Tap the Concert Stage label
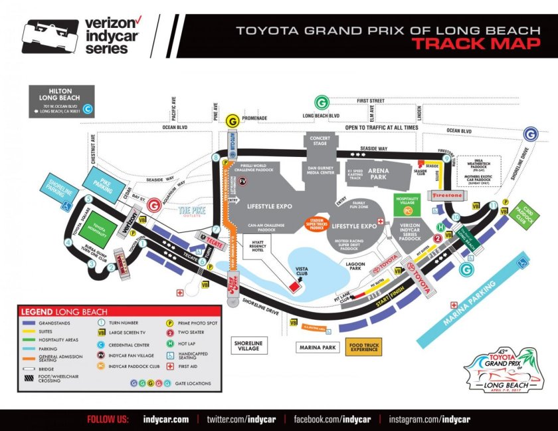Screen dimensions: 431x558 point(320,141)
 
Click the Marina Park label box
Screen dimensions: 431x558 point(318,347)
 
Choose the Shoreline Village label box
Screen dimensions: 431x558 point(249,345)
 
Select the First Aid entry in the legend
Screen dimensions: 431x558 point(193,366)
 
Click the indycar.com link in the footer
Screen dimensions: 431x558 point(166,419)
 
